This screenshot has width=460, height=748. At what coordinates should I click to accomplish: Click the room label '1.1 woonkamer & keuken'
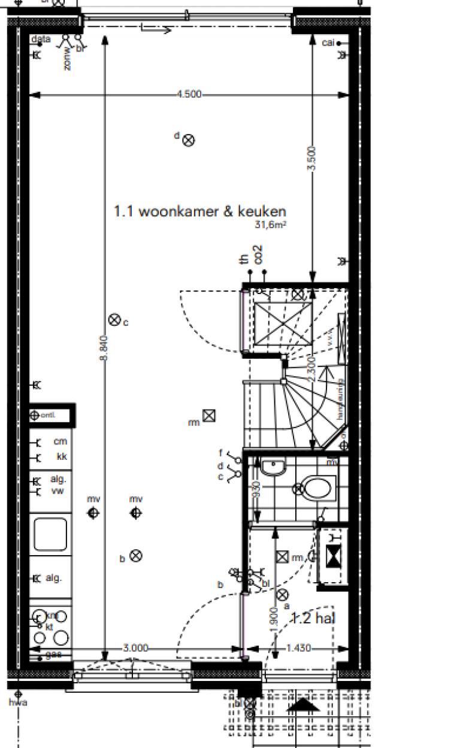point(200,211)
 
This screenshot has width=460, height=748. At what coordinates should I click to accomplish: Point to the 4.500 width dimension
point(189,94)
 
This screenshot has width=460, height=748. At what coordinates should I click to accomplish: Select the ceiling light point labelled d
point(189,141)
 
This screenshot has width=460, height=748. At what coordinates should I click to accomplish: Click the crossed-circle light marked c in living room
point(113,320)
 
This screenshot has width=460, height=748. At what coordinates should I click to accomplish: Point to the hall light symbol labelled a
point(282,595)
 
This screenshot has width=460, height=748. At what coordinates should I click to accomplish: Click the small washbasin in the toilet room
point(274,465)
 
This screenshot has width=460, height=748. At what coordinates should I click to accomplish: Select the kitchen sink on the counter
point(50,534)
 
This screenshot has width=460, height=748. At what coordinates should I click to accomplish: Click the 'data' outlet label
point(41,39)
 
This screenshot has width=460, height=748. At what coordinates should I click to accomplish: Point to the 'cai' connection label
point(328,43)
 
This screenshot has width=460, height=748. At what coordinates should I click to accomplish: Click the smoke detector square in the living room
point(208,415)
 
